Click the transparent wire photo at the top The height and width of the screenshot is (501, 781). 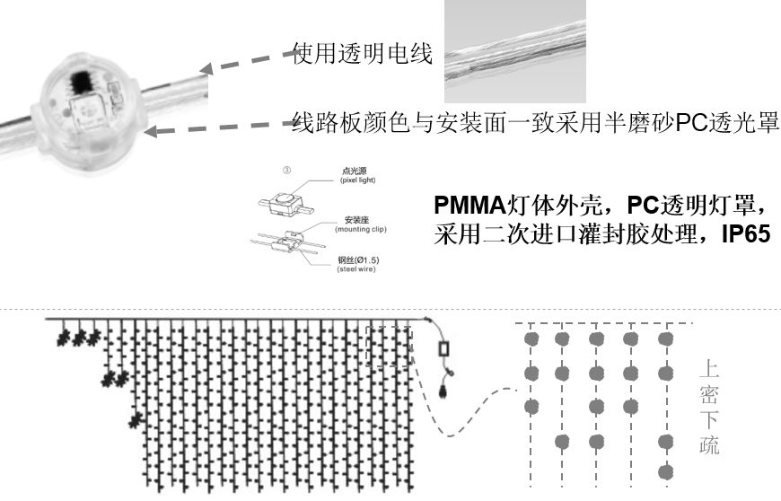(x=515, y=50)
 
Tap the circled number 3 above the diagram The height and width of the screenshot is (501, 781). (x=286, y=169)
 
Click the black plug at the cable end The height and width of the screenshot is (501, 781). (x=443, y=390)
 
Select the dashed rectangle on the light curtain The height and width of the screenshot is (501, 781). (x=390, y=346)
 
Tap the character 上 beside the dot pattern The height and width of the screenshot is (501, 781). (x=709, y=368)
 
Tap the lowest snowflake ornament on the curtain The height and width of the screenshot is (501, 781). (x=136, y=419)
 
